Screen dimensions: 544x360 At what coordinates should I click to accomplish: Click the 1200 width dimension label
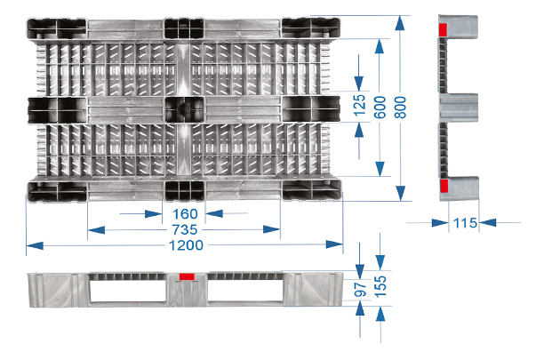click(x=186, y=245)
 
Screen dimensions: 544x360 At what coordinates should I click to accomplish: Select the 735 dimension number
click(x=185, y=229)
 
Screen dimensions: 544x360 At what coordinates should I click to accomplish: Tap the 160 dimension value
click(x=185, y=214)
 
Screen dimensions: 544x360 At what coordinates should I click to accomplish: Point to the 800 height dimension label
click(x=400, y=108)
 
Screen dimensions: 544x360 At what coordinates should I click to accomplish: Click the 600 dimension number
click(x=380, y=108)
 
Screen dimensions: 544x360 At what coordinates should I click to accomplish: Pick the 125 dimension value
click(x=360, y=105)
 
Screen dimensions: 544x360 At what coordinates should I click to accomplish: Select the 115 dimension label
click(x=465, y=223)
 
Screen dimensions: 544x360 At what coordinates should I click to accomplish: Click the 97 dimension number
click(x=361, y=290)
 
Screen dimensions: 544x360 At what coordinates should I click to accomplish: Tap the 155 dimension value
click(x=380, y=286)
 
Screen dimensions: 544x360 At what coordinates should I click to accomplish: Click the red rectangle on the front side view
click(x=187, y=276)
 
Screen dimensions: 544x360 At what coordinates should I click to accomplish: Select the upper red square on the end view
click(x=443, y=30)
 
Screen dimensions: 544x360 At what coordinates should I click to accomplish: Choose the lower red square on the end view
click(x=444, y=186)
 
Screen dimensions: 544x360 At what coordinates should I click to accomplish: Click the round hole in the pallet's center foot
click(x=183, y=109)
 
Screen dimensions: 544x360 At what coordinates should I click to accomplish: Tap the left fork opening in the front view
click(x=128, y=291)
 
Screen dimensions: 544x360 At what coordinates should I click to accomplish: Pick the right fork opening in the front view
click(x=245, y=291)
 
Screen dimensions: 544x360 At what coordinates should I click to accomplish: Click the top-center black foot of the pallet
click(x=184, y=28)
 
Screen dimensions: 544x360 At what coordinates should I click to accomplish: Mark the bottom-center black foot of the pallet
click(x=184, y=190)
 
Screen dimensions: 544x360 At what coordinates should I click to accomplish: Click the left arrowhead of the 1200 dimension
click(x=35, y=246)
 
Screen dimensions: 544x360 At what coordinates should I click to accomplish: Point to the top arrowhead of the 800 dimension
click(x=400, y=24)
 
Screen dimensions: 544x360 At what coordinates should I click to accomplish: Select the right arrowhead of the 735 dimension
click(x=271, y=229)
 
